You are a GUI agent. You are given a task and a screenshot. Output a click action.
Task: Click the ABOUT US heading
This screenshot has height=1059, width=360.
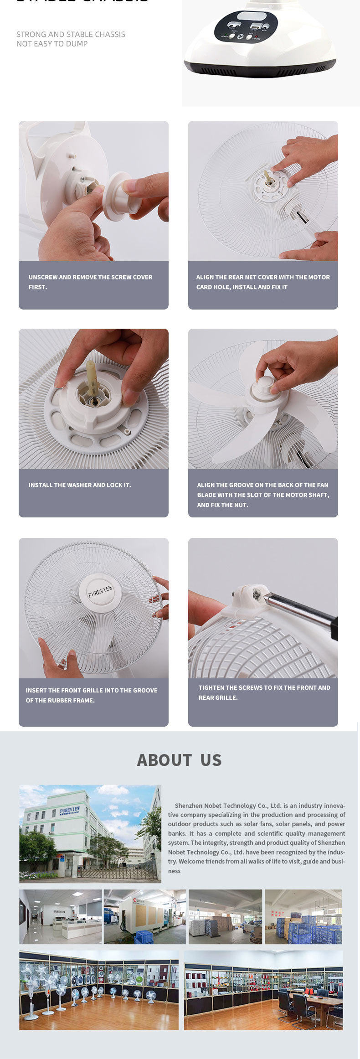tap(179, 760)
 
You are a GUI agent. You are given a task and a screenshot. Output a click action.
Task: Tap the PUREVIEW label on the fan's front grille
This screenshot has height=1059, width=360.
tap(100, 591)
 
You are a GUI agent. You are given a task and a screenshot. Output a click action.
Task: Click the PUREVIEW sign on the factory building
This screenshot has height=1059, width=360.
tap(69, 811)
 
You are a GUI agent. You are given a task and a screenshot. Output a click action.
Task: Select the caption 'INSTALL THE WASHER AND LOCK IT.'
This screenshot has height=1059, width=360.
tap(80, 485)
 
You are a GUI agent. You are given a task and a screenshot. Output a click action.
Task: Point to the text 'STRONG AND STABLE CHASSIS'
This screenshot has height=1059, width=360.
tap(71, 34)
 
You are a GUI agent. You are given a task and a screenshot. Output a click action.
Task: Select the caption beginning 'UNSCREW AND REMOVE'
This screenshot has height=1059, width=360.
tap(90, 282)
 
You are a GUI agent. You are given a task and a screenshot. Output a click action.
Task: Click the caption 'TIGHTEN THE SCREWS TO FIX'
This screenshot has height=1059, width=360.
tap(264, 692)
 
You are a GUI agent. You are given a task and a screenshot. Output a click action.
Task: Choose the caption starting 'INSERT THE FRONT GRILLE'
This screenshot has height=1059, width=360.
tap(91, 695)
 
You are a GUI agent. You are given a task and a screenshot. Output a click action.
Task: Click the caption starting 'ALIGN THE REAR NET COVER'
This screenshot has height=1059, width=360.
tap(263, 282)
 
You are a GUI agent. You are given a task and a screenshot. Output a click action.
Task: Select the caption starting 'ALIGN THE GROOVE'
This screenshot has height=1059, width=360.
tap(263, 495)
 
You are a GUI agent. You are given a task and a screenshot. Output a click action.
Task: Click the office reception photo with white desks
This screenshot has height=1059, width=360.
tap(60, 916)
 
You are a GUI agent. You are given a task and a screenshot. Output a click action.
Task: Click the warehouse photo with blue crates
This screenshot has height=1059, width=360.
tap(303, 916)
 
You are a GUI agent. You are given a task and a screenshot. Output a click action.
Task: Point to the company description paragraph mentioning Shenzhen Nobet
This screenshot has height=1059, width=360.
tap(256, 838)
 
